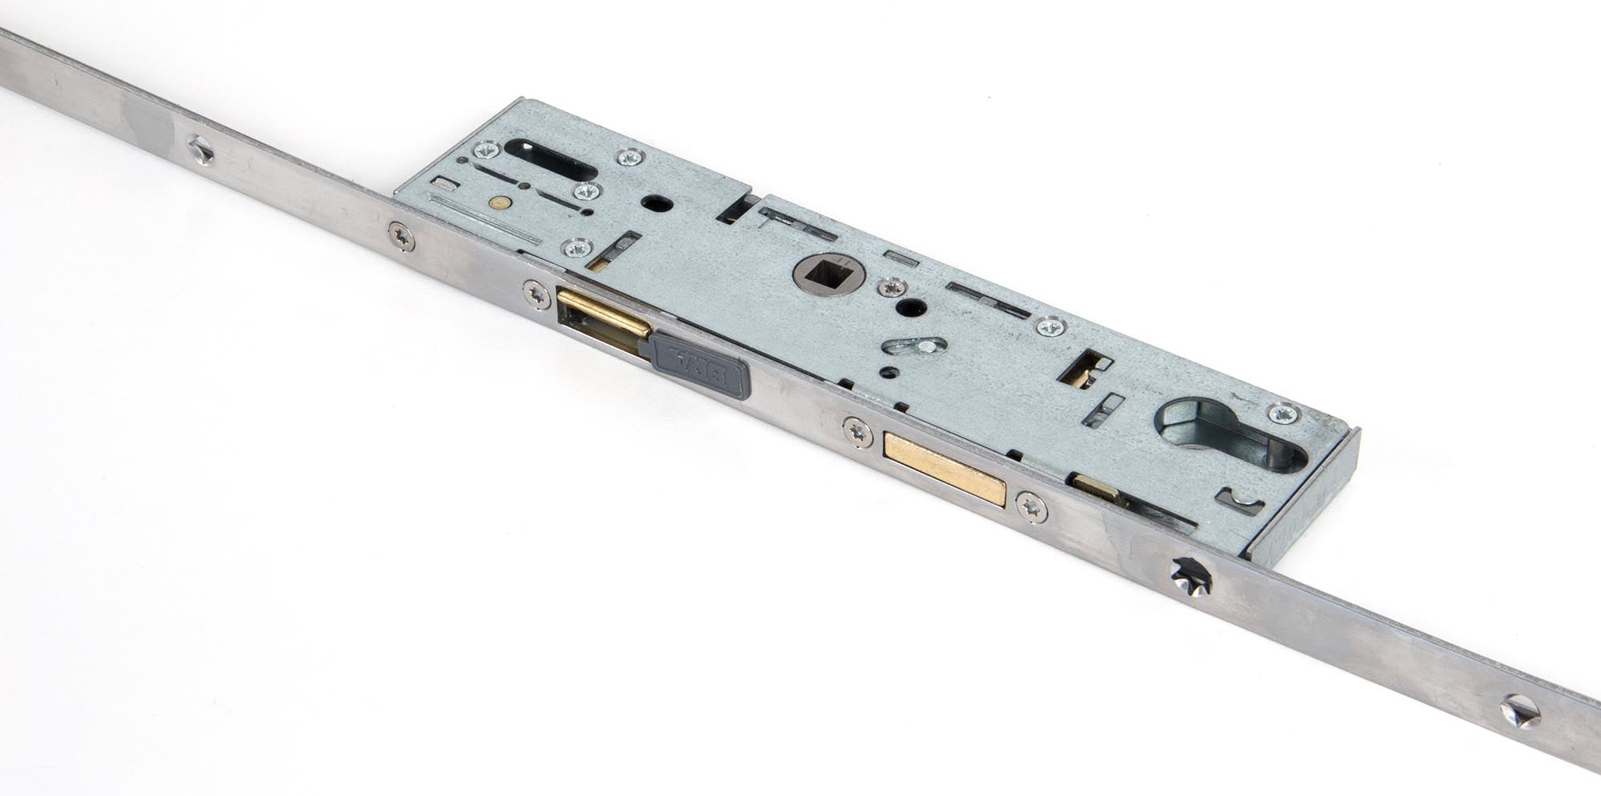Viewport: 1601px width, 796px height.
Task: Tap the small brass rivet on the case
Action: coord(501,203)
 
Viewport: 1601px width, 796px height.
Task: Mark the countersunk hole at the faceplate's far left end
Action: coord(199,150)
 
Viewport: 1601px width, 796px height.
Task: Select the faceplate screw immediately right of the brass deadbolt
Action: coord(1032,506)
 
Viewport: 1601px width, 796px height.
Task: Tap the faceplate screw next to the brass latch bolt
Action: coord(536,294)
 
